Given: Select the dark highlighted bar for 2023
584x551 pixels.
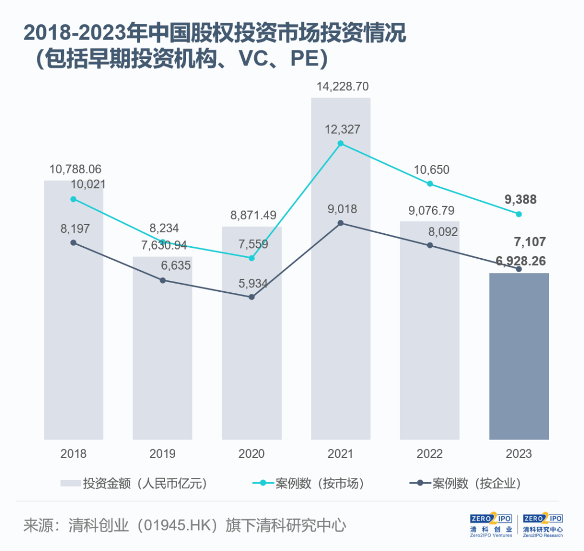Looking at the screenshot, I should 519,357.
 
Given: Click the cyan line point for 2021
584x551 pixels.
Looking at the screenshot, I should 341,143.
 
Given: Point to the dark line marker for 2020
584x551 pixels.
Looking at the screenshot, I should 251,297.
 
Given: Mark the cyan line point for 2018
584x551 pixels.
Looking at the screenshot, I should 74,199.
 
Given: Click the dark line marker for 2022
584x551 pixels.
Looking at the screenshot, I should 430,245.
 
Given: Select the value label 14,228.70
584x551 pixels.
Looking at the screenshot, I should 340,87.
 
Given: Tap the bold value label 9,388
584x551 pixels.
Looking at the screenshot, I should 520,200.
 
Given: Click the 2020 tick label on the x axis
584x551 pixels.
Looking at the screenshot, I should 251,454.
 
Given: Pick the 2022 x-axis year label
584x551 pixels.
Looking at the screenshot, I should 430,454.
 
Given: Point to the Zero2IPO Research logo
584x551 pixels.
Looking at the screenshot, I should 542,524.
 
